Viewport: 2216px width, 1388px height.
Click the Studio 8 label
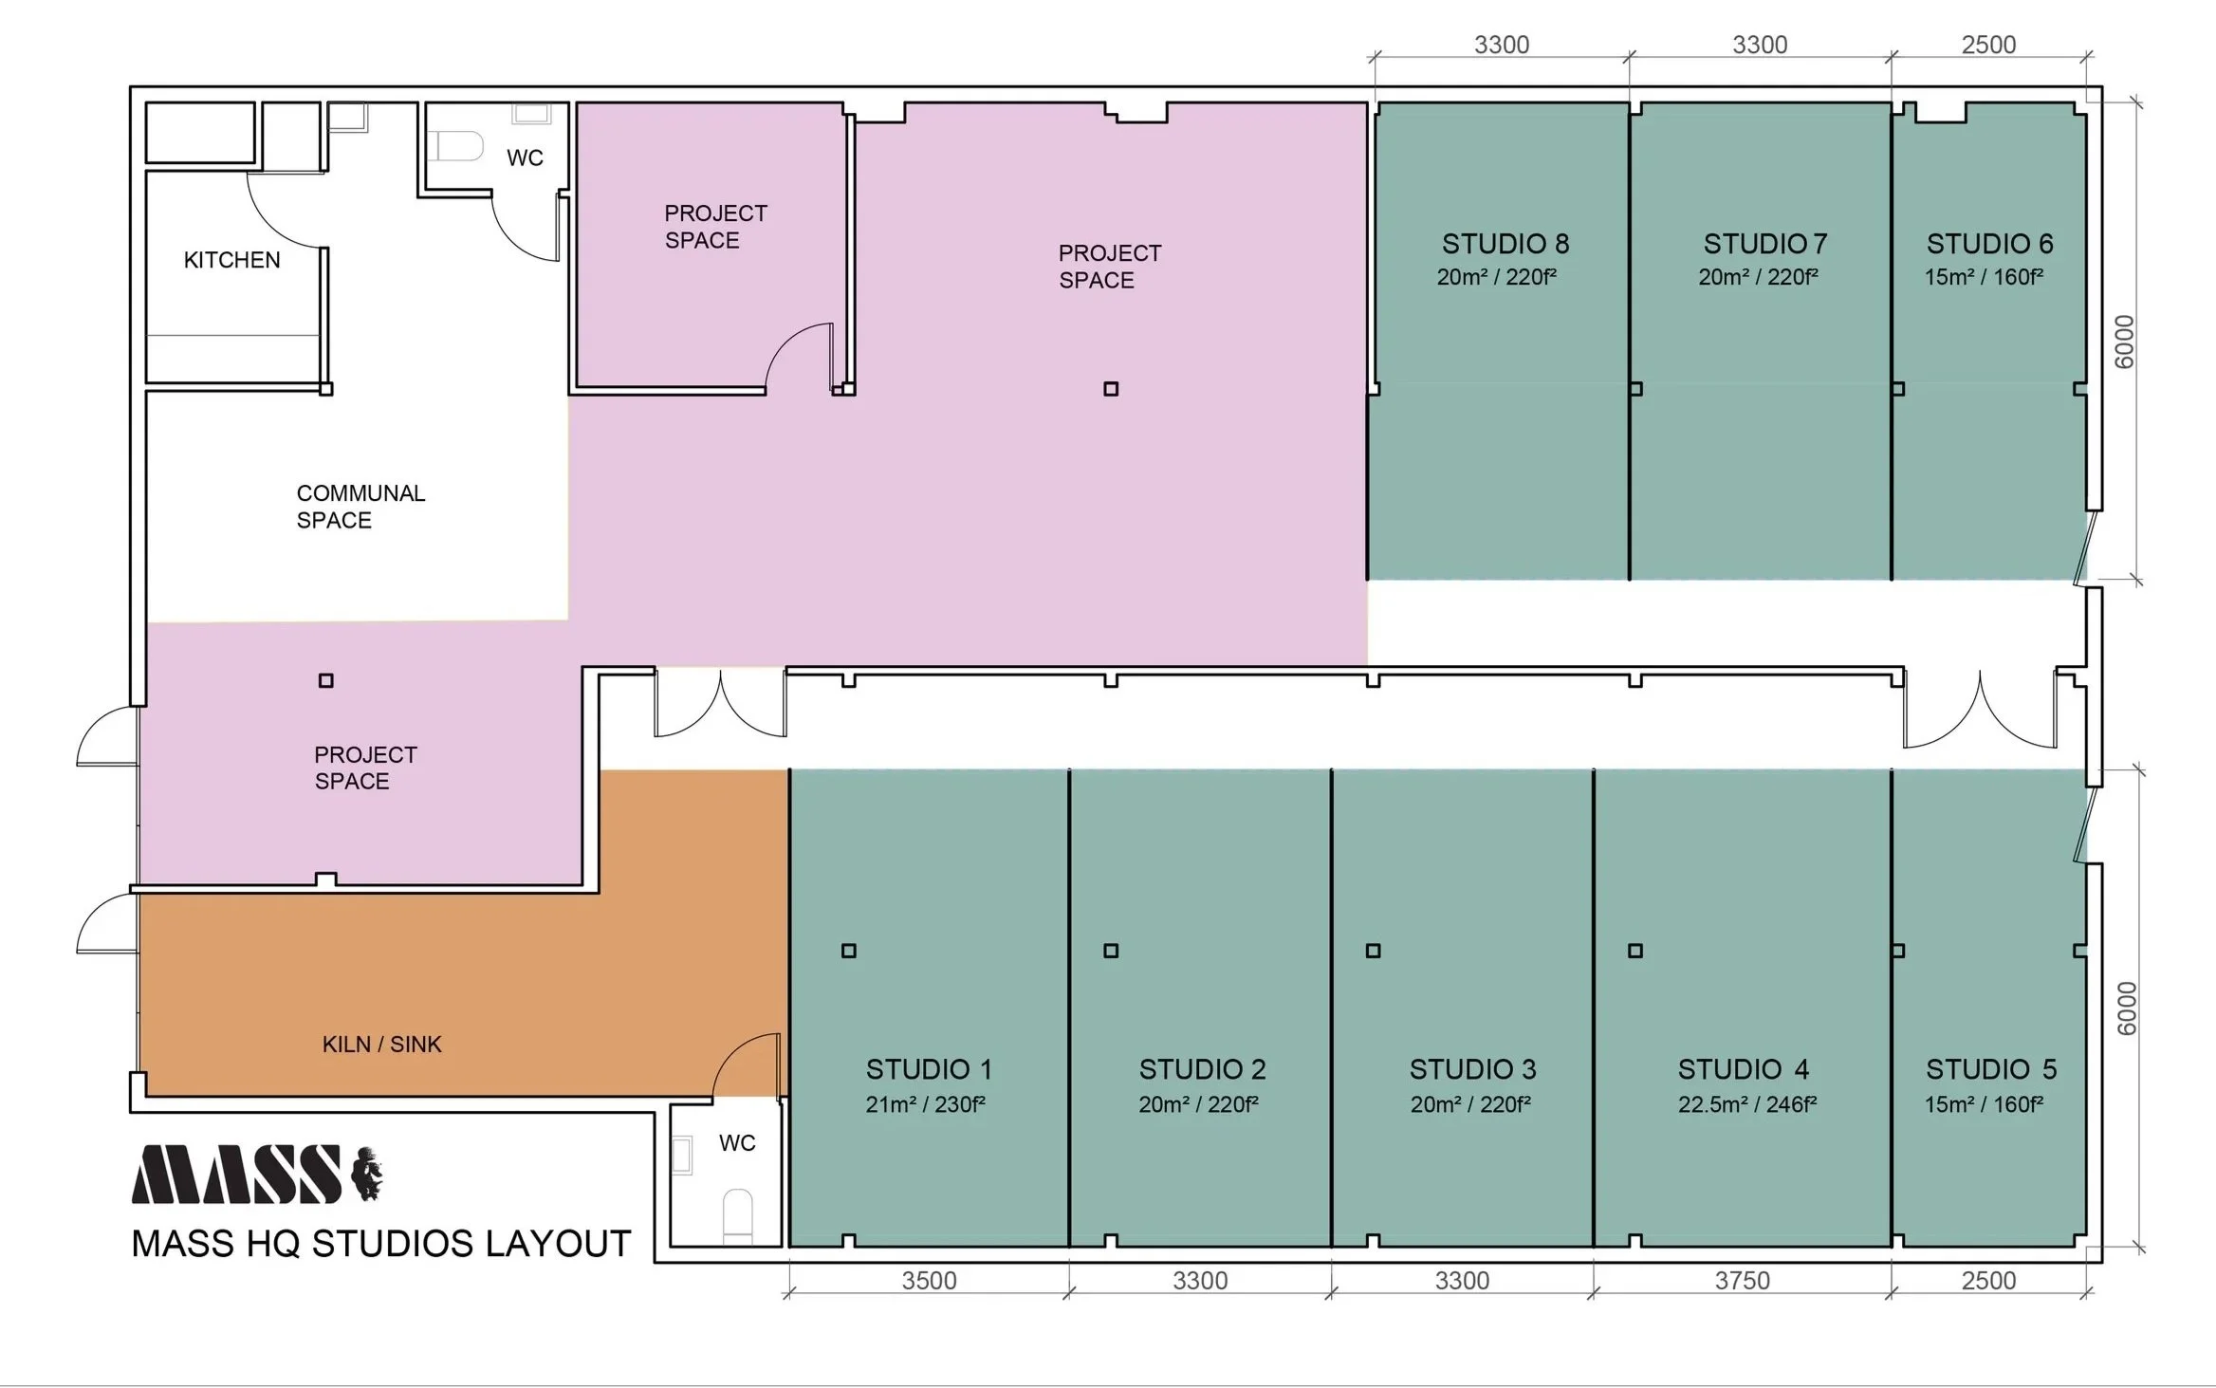coord(1505,244)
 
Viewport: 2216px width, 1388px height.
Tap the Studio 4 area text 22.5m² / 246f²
coord(1747,1104)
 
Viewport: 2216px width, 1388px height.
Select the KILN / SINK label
coord(381,1045)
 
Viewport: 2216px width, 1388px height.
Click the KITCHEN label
coord(231,260)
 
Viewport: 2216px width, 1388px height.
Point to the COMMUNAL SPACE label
coord(360,507)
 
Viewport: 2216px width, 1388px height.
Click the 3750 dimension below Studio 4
coord(1743,1281)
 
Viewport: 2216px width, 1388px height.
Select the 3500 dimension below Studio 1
coord(929,1281)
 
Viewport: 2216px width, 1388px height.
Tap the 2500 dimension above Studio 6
coord(1988,45)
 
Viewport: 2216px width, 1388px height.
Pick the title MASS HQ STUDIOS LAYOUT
coord(381,1244)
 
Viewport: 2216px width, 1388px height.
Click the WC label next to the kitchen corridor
coord(525,157)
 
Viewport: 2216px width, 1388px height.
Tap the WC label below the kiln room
coord(737,1143)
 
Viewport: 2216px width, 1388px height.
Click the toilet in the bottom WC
coord(738,1217)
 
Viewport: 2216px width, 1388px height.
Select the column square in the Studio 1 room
coord(849,951)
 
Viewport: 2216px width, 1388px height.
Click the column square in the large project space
coord(1111,389)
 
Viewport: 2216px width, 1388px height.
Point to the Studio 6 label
coord(1989,244)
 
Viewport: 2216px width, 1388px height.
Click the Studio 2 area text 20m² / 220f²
coord(1199,1104)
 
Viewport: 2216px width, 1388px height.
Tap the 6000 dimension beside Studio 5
coord(2126,1009)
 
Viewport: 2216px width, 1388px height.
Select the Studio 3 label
coord(1472,1069)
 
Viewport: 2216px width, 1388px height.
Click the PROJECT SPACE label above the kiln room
coord(365,768)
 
